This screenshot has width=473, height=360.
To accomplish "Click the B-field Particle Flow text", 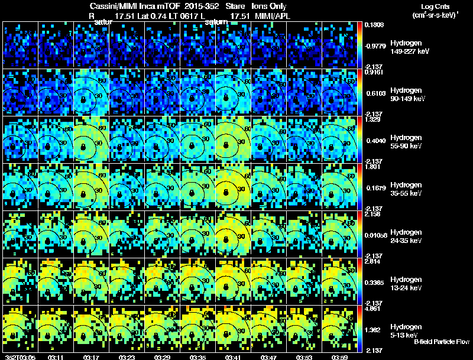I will click(x=441, y=342).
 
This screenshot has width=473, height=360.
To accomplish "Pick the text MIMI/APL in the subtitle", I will click(x=273, y=15).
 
